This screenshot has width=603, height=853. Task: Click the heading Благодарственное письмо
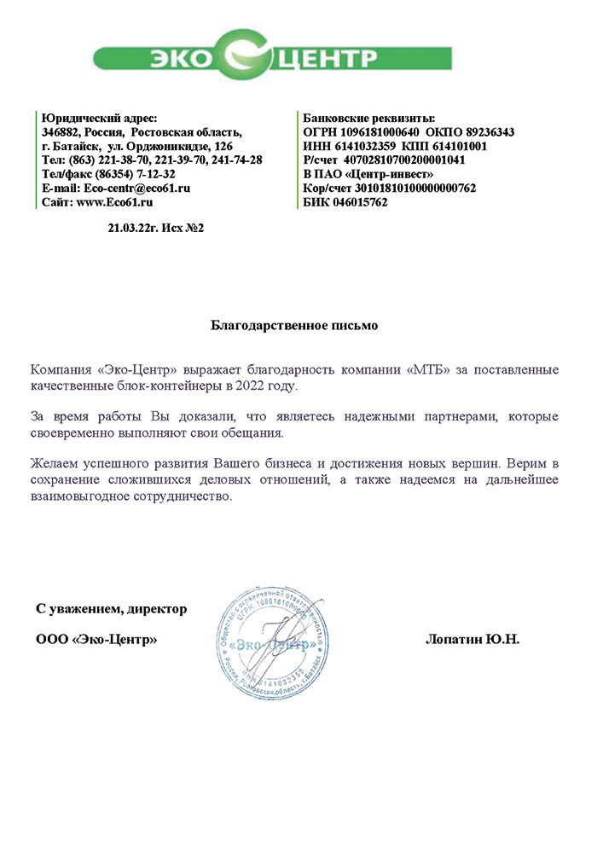coord(293,325)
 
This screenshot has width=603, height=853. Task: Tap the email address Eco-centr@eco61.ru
coord(136,188)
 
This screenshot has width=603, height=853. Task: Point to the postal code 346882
coord(61,132)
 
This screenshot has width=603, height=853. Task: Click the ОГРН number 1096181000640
coord(380,132)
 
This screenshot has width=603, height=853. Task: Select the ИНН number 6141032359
coord(362,146)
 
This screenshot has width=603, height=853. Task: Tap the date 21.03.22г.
coord(128,228)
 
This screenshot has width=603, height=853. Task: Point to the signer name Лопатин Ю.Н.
coord(472,639)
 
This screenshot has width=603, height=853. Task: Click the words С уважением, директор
coord(111,609)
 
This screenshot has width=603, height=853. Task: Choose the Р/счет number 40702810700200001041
coord(403,160)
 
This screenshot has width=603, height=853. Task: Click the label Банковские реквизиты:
coord(369,118)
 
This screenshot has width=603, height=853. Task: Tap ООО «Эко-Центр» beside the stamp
coord(96,639)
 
